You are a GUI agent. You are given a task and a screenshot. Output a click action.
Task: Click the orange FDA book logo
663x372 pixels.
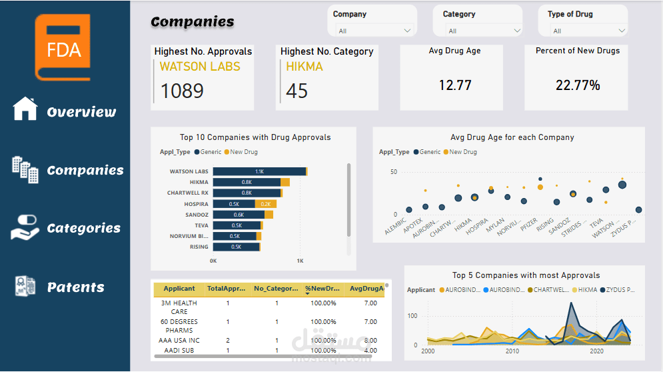pos(63,46)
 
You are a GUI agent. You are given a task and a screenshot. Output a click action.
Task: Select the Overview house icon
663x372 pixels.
pos(25,109)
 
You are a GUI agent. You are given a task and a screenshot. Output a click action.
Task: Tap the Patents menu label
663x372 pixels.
pos(76,287)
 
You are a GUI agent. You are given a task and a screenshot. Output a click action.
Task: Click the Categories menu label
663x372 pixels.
pos(84,229)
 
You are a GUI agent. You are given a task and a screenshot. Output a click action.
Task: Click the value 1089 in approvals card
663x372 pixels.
pos(182,91)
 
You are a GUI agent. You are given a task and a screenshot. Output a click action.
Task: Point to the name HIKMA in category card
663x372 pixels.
pos(305,67)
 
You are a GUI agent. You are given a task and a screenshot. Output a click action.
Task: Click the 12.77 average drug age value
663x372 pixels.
pos(455,85)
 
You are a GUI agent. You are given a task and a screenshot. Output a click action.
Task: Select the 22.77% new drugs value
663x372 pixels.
pos(578,85)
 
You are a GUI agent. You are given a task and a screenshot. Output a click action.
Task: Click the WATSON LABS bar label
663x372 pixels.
pos(189,171)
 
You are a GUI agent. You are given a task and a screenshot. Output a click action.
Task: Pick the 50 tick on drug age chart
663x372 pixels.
pos(393,172)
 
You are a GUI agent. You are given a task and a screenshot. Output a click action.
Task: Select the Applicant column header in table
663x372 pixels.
pos(179,289)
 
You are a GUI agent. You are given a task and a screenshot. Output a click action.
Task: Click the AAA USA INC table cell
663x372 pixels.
pos(179,341)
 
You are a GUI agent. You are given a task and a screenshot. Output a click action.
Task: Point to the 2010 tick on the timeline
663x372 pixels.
pos(512,351)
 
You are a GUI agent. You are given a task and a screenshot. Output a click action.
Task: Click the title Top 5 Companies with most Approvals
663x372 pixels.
pos(526,275)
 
